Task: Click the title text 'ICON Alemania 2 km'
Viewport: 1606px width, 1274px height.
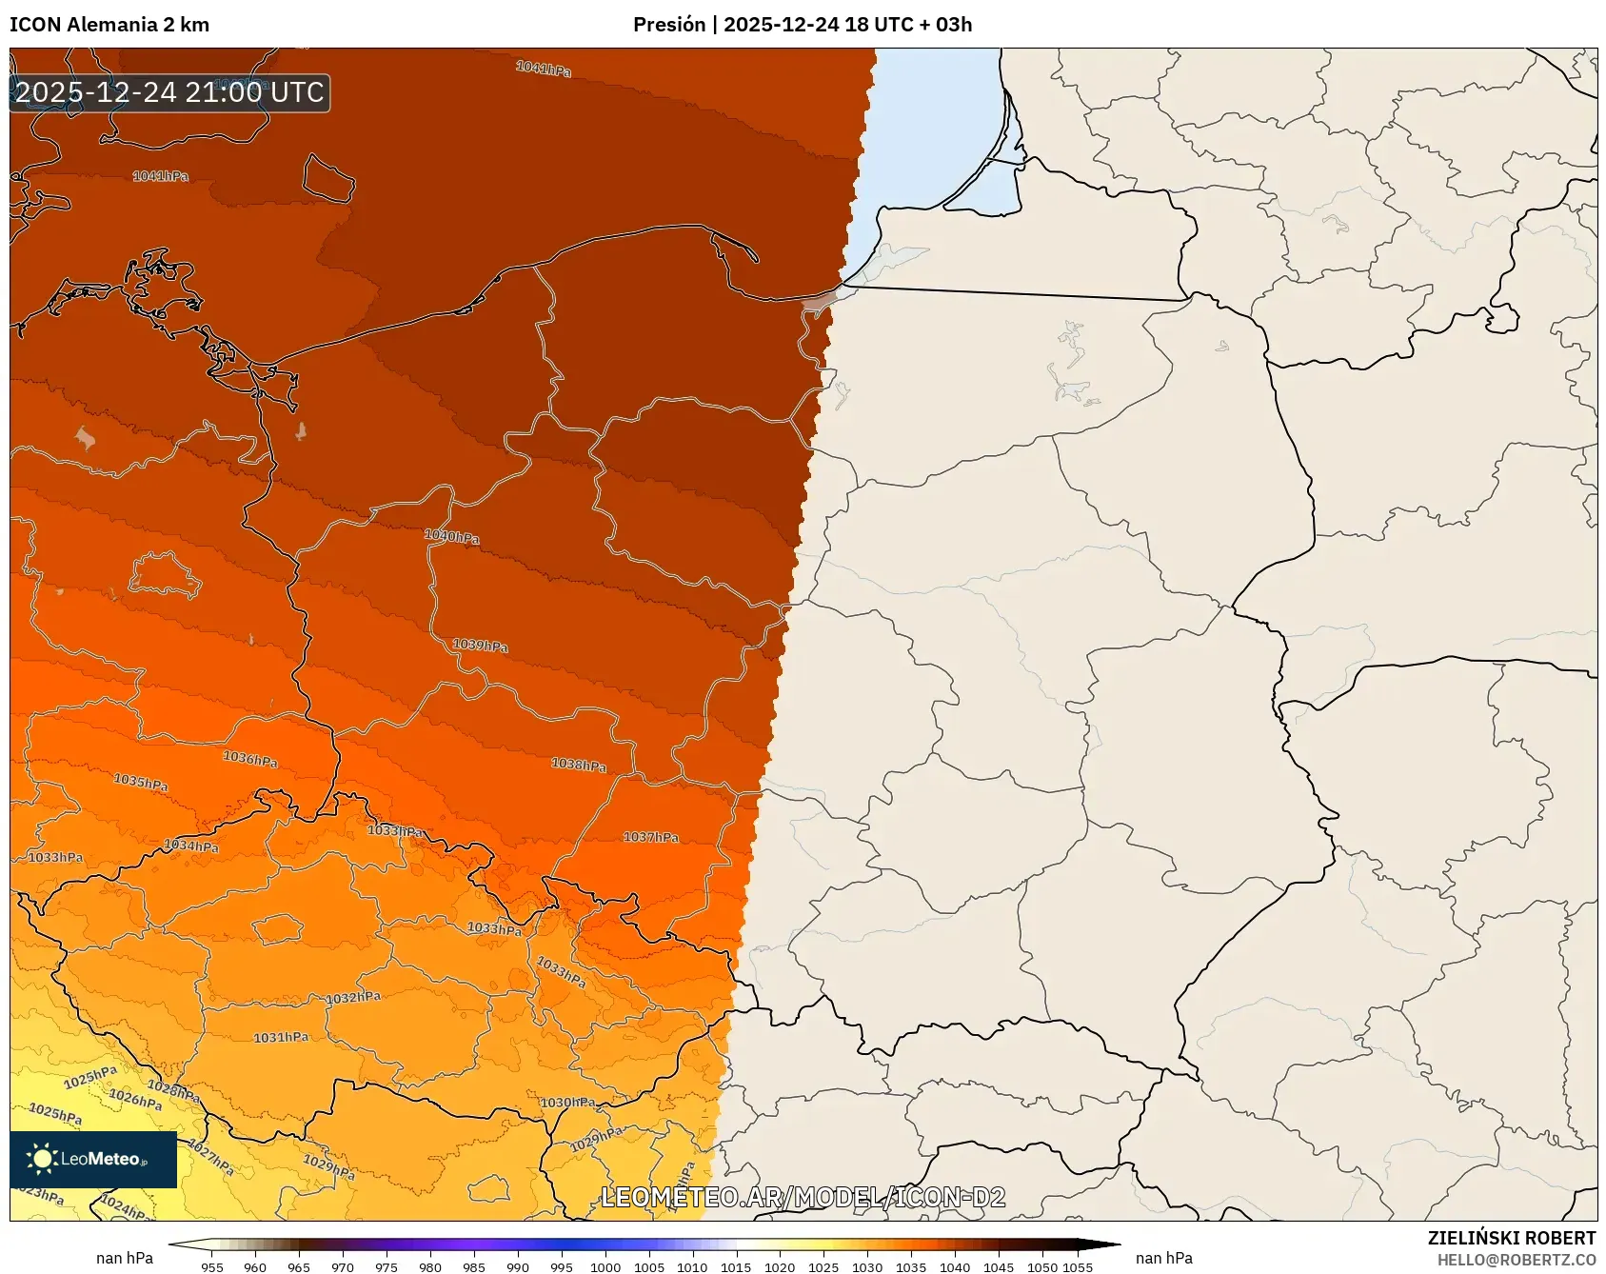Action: coord(109,25)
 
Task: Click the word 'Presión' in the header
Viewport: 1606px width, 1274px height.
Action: coord(669,25)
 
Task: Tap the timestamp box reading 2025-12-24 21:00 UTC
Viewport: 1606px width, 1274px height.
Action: coord(169,92)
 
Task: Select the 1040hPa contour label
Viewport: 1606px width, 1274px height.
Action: coord(452,537)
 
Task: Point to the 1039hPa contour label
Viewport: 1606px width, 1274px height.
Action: coord(480,646)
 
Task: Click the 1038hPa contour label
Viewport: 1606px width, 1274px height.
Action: coord(579,765)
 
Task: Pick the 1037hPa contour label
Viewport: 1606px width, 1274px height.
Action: coord(651,837)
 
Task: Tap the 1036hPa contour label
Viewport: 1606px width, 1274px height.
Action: coord(250,759)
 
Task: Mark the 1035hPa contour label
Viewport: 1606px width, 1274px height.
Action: coord(141,782)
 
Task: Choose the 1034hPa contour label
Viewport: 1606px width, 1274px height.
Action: coord(191,846)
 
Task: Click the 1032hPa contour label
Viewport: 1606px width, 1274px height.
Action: coord(353,998)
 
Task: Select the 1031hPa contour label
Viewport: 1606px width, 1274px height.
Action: coord(281,1037)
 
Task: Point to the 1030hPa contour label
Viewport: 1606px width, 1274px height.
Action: coord(567,1103)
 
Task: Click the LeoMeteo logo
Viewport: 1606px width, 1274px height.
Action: coord(93,1159)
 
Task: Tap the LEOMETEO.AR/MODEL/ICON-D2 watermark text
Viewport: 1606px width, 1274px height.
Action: coord(803,1197)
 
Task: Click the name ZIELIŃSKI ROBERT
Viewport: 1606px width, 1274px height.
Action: coord(1511,1238)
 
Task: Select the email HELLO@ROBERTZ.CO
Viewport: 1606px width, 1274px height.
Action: coord(1516,1260)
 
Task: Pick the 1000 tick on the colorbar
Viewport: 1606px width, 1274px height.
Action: coord(605,1267)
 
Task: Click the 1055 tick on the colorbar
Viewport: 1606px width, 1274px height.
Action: coord(1078,1267)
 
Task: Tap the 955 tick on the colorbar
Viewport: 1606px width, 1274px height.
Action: coord(212,1267)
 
